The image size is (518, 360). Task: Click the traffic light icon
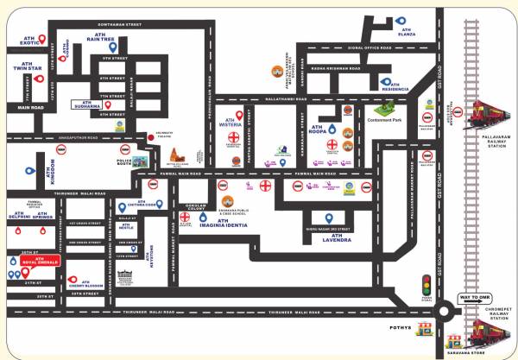425,283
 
